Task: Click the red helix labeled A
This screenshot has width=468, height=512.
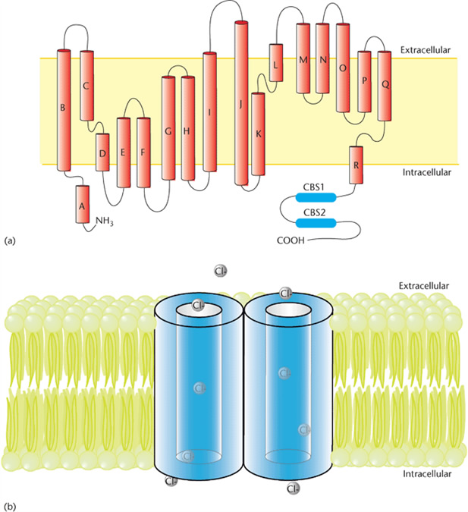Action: click(x=83, y=204)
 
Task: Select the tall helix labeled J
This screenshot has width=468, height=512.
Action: click(x=241, y=103)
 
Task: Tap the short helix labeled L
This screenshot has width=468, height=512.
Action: click(x=276, y=63)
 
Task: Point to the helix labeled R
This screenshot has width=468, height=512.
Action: click(x=356, y=165)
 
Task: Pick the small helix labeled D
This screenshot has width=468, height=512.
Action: click(x=102, y=152)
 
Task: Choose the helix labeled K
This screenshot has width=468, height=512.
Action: click(x=258, y=134)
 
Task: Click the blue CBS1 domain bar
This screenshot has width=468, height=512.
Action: click(x=316, y=197)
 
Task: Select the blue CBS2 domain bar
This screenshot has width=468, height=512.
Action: click(x=316, y=223)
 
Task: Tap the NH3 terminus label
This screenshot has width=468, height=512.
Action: click(x=105, y=221)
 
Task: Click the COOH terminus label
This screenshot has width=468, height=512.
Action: click(x=291, y=240)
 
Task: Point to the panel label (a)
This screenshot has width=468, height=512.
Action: click(x=9, y=241)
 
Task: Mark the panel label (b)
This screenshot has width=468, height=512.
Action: click(x=9, y=507)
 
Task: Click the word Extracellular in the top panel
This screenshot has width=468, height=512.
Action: click(x=426, y=50)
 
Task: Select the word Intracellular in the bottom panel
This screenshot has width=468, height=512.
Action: click(x=427, y=473)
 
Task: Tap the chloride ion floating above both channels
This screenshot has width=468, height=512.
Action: click(x=221, y=271)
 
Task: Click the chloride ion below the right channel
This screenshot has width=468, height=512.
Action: click(x=293, y=488)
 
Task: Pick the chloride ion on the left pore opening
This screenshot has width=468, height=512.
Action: click(x=198, y=305)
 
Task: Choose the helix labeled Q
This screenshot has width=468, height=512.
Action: click(x=385, y=86)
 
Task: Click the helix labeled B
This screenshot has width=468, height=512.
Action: click(x=64, y=110)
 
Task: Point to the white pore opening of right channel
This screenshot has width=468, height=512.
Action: click(x=287, y=309)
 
